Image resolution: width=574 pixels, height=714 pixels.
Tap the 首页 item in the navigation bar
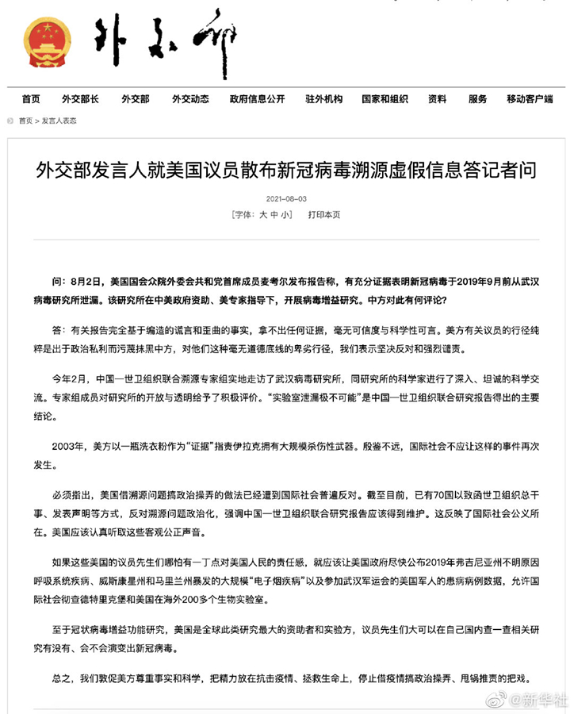tap(31, 99)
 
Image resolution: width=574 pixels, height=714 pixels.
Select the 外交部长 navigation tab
tap(80, 99)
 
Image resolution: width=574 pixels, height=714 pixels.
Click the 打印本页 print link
tap(324, 214)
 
